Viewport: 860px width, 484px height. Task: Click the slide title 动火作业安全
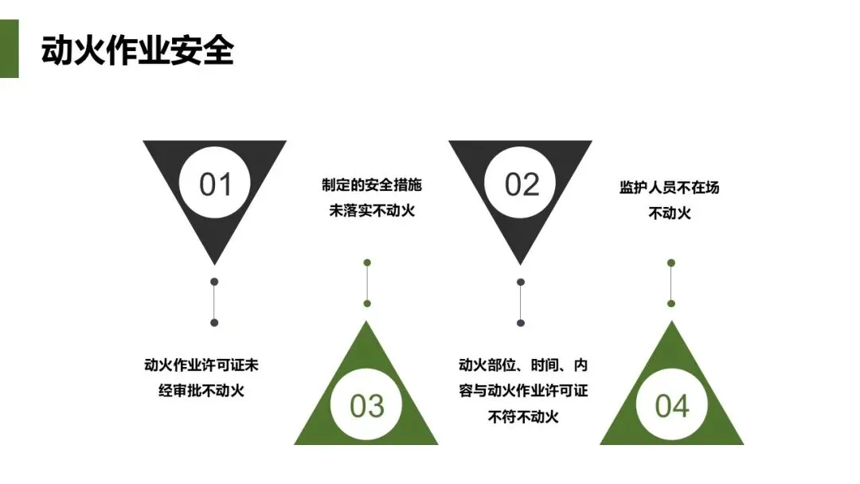tap(137, 51)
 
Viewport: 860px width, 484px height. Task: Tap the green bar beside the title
tap(9, 49)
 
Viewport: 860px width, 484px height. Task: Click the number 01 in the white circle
tap(214, 185)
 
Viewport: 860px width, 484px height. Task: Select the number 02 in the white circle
tap(521, 185)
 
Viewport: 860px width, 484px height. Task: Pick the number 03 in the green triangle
tap(366, 406)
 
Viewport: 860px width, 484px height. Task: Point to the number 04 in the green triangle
tap(671, 406)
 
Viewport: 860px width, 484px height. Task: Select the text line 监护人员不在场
tap(670, 188)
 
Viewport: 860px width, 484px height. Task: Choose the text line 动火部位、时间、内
tap(523, 365)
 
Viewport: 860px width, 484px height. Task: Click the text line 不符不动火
tap(523, 416)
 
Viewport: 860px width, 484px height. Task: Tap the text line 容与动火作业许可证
tap(523, 391)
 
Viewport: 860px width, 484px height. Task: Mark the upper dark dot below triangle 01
tap(214, 282)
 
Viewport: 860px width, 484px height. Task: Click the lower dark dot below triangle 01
tap(214, 322)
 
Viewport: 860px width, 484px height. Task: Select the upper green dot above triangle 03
tap(367, 263)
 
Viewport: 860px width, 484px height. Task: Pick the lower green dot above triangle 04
tap(671, 303)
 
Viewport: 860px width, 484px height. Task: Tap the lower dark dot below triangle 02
tap(521, 322)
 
